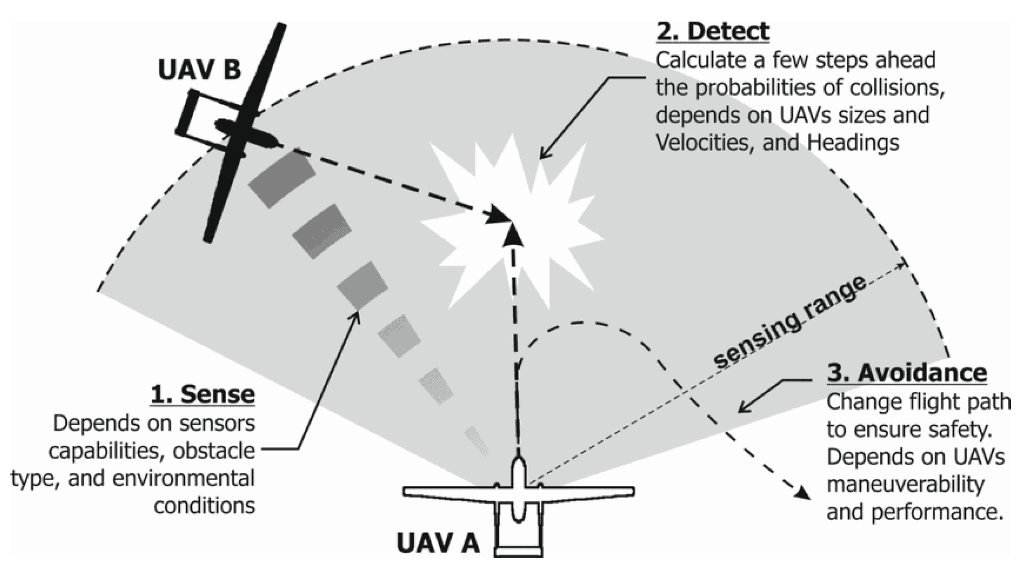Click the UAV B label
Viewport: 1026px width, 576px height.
[x=199, y=70]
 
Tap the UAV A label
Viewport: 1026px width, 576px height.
[x=438, y=543]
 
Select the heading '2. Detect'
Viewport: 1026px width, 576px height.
[x=712, y=32]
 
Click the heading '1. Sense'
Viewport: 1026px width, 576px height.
[x=203, y=394]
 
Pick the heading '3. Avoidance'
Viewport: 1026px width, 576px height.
[x=907, y=374]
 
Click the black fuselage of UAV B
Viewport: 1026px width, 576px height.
[x=247, y=133]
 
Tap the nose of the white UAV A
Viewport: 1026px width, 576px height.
[x=519, y=463]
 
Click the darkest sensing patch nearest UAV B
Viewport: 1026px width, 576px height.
[x=282, y=179]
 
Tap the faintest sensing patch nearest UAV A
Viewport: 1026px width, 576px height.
[x=477, y=441]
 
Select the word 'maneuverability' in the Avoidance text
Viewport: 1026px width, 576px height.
[x=905, y=484]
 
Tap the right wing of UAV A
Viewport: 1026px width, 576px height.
[x=588, y=492]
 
